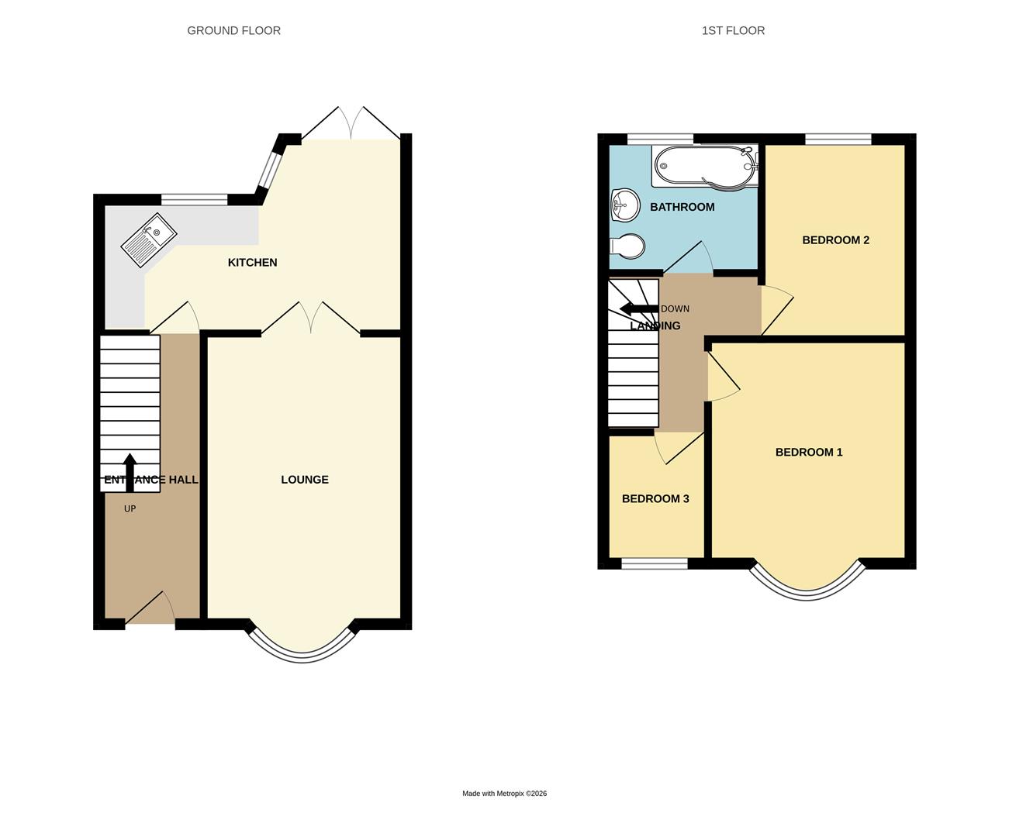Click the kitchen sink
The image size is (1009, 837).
coord(149,239)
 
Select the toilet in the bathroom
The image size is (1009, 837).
coord(628,246)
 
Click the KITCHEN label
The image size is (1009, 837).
coord(252,263)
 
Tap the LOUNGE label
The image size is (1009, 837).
coord(305,480)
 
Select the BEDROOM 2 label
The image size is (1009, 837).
coord(835,240)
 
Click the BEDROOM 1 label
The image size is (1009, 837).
coord(809,453)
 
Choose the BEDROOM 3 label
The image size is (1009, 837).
coord(655,499)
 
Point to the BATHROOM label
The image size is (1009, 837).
coord(682,207)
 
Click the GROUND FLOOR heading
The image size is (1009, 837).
coord(233,31)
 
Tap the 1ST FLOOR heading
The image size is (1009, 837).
coord(733,31)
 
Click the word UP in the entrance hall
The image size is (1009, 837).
coord(130,509)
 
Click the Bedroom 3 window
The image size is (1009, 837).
coord(654,563)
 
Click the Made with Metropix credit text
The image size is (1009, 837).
coord(504,794)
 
